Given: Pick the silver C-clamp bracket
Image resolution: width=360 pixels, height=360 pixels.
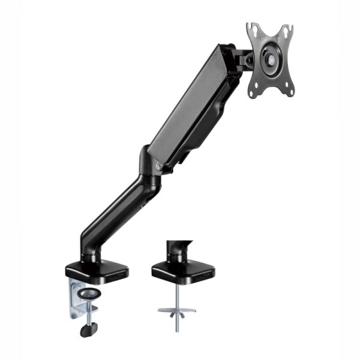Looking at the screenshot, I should click(81, 297).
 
